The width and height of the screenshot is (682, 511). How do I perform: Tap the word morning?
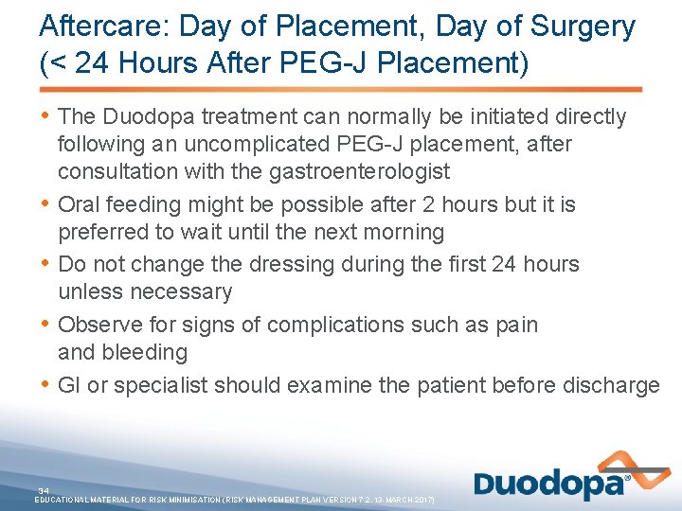pos(400,232)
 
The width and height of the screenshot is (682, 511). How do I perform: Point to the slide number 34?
pos(44,490)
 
